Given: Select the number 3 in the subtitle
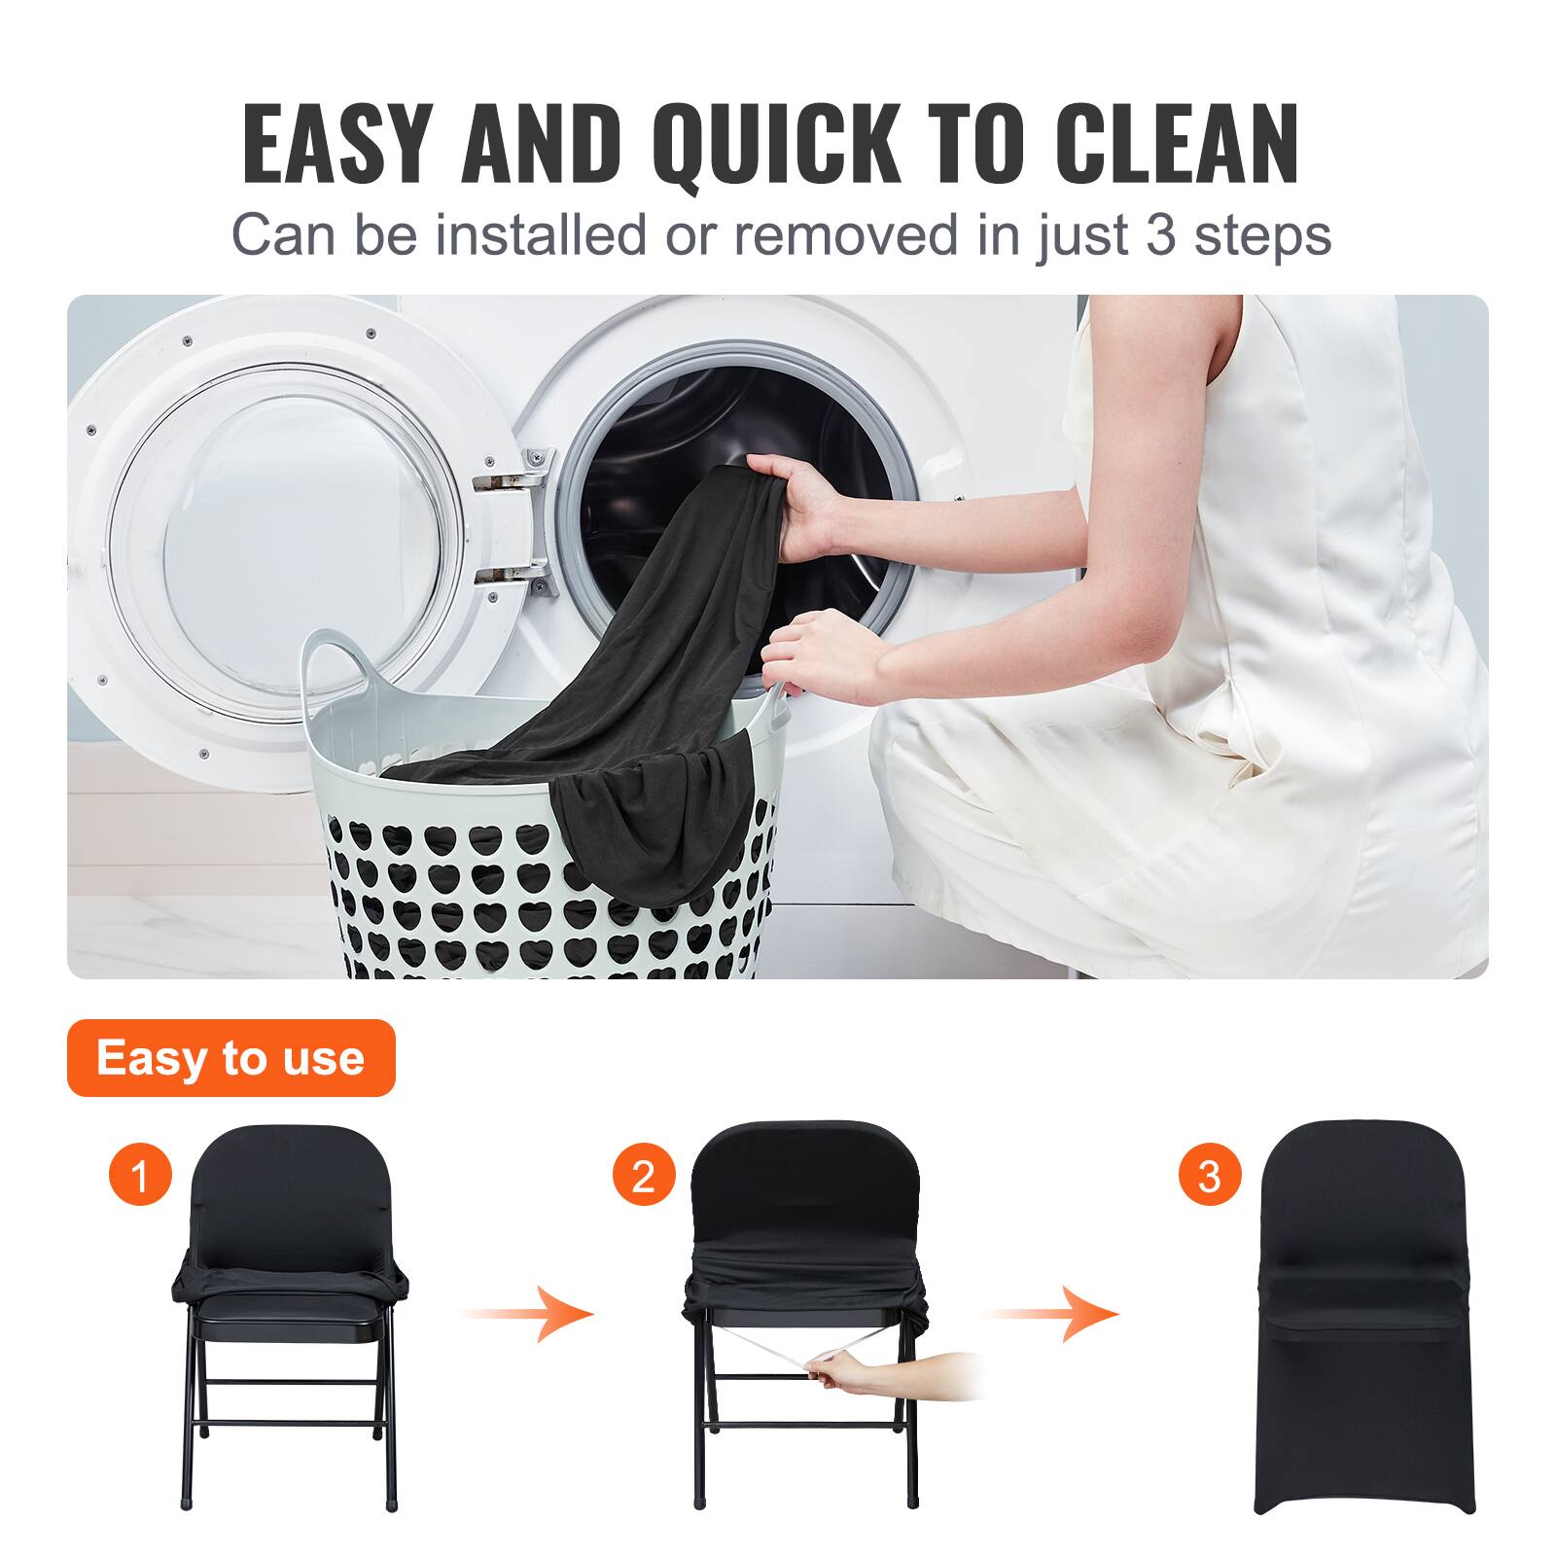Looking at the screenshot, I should (1160, 234).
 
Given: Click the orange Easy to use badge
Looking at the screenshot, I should (230, 1057).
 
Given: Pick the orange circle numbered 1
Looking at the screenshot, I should (140, 1176).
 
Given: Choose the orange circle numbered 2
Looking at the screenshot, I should (643, 1176).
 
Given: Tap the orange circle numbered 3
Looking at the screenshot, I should (1209, 1176).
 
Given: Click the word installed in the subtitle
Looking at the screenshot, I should (540, 234).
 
